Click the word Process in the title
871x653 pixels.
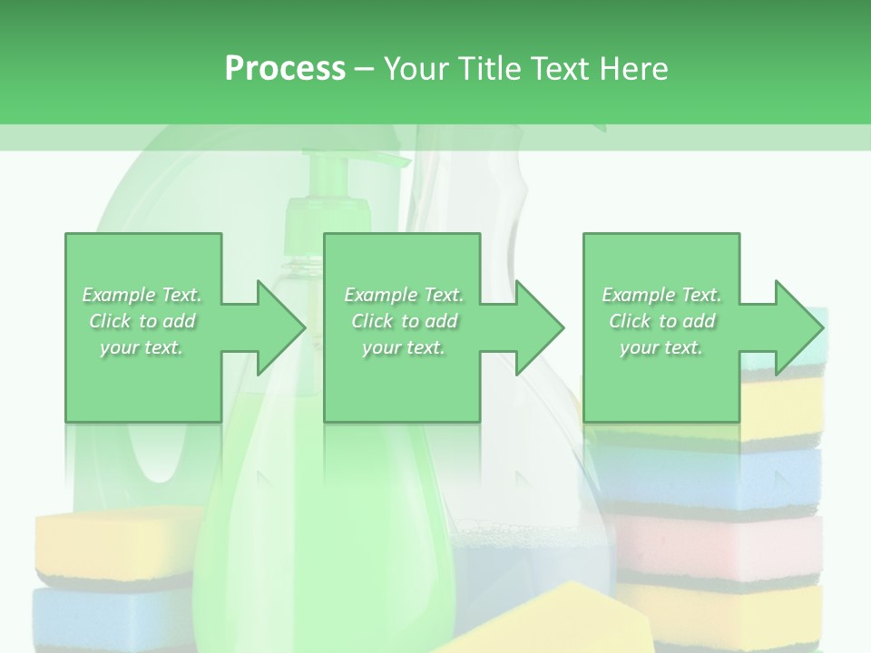pyautogui.click(x=285, y=69)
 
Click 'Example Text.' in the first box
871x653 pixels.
pyautogui.click(x=142, y=295)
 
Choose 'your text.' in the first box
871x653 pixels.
pyautogui.click(x=142, y=347)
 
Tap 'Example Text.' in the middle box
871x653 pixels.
pyautogui.click(x=404, y=295)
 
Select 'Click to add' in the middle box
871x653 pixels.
pyautogui.click(x=404, y=321)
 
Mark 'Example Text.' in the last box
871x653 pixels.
pyautogui.click(x=661, y=295)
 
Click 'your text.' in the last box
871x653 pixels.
pyautogui.click(x=661, y=347)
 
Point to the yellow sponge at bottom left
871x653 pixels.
pyautogui.click(x=109, y=544)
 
